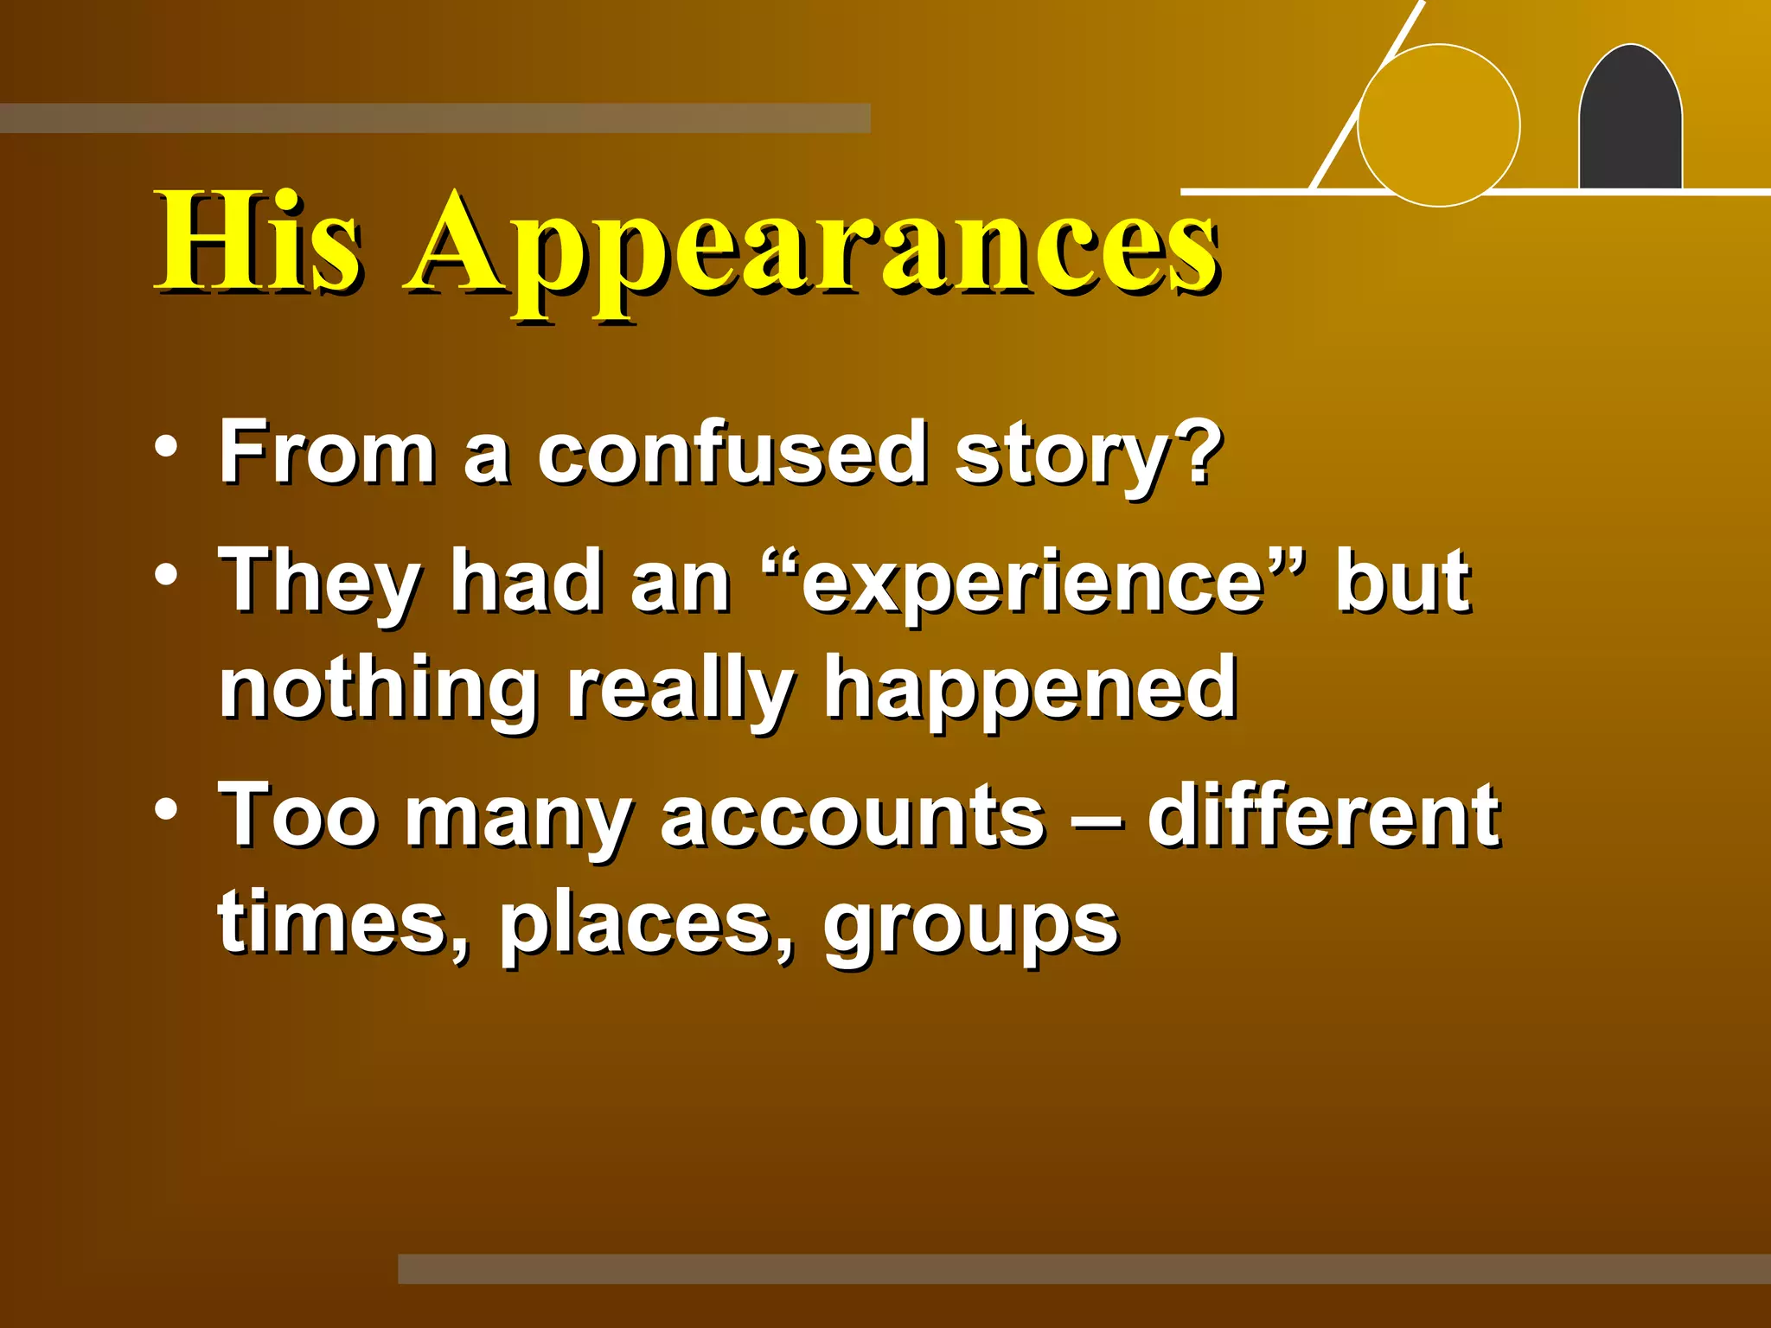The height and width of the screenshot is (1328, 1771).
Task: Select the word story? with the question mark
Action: point(1088,456)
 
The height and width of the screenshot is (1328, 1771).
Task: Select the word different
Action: point(1323,814)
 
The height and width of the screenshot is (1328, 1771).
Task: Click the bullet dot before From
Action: point(166,448)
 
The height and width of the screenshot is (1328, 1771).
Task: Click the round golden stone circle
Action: point(1439,125)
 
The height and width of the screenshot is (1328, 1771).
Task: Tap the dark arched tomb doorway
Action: point(1630,121)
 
